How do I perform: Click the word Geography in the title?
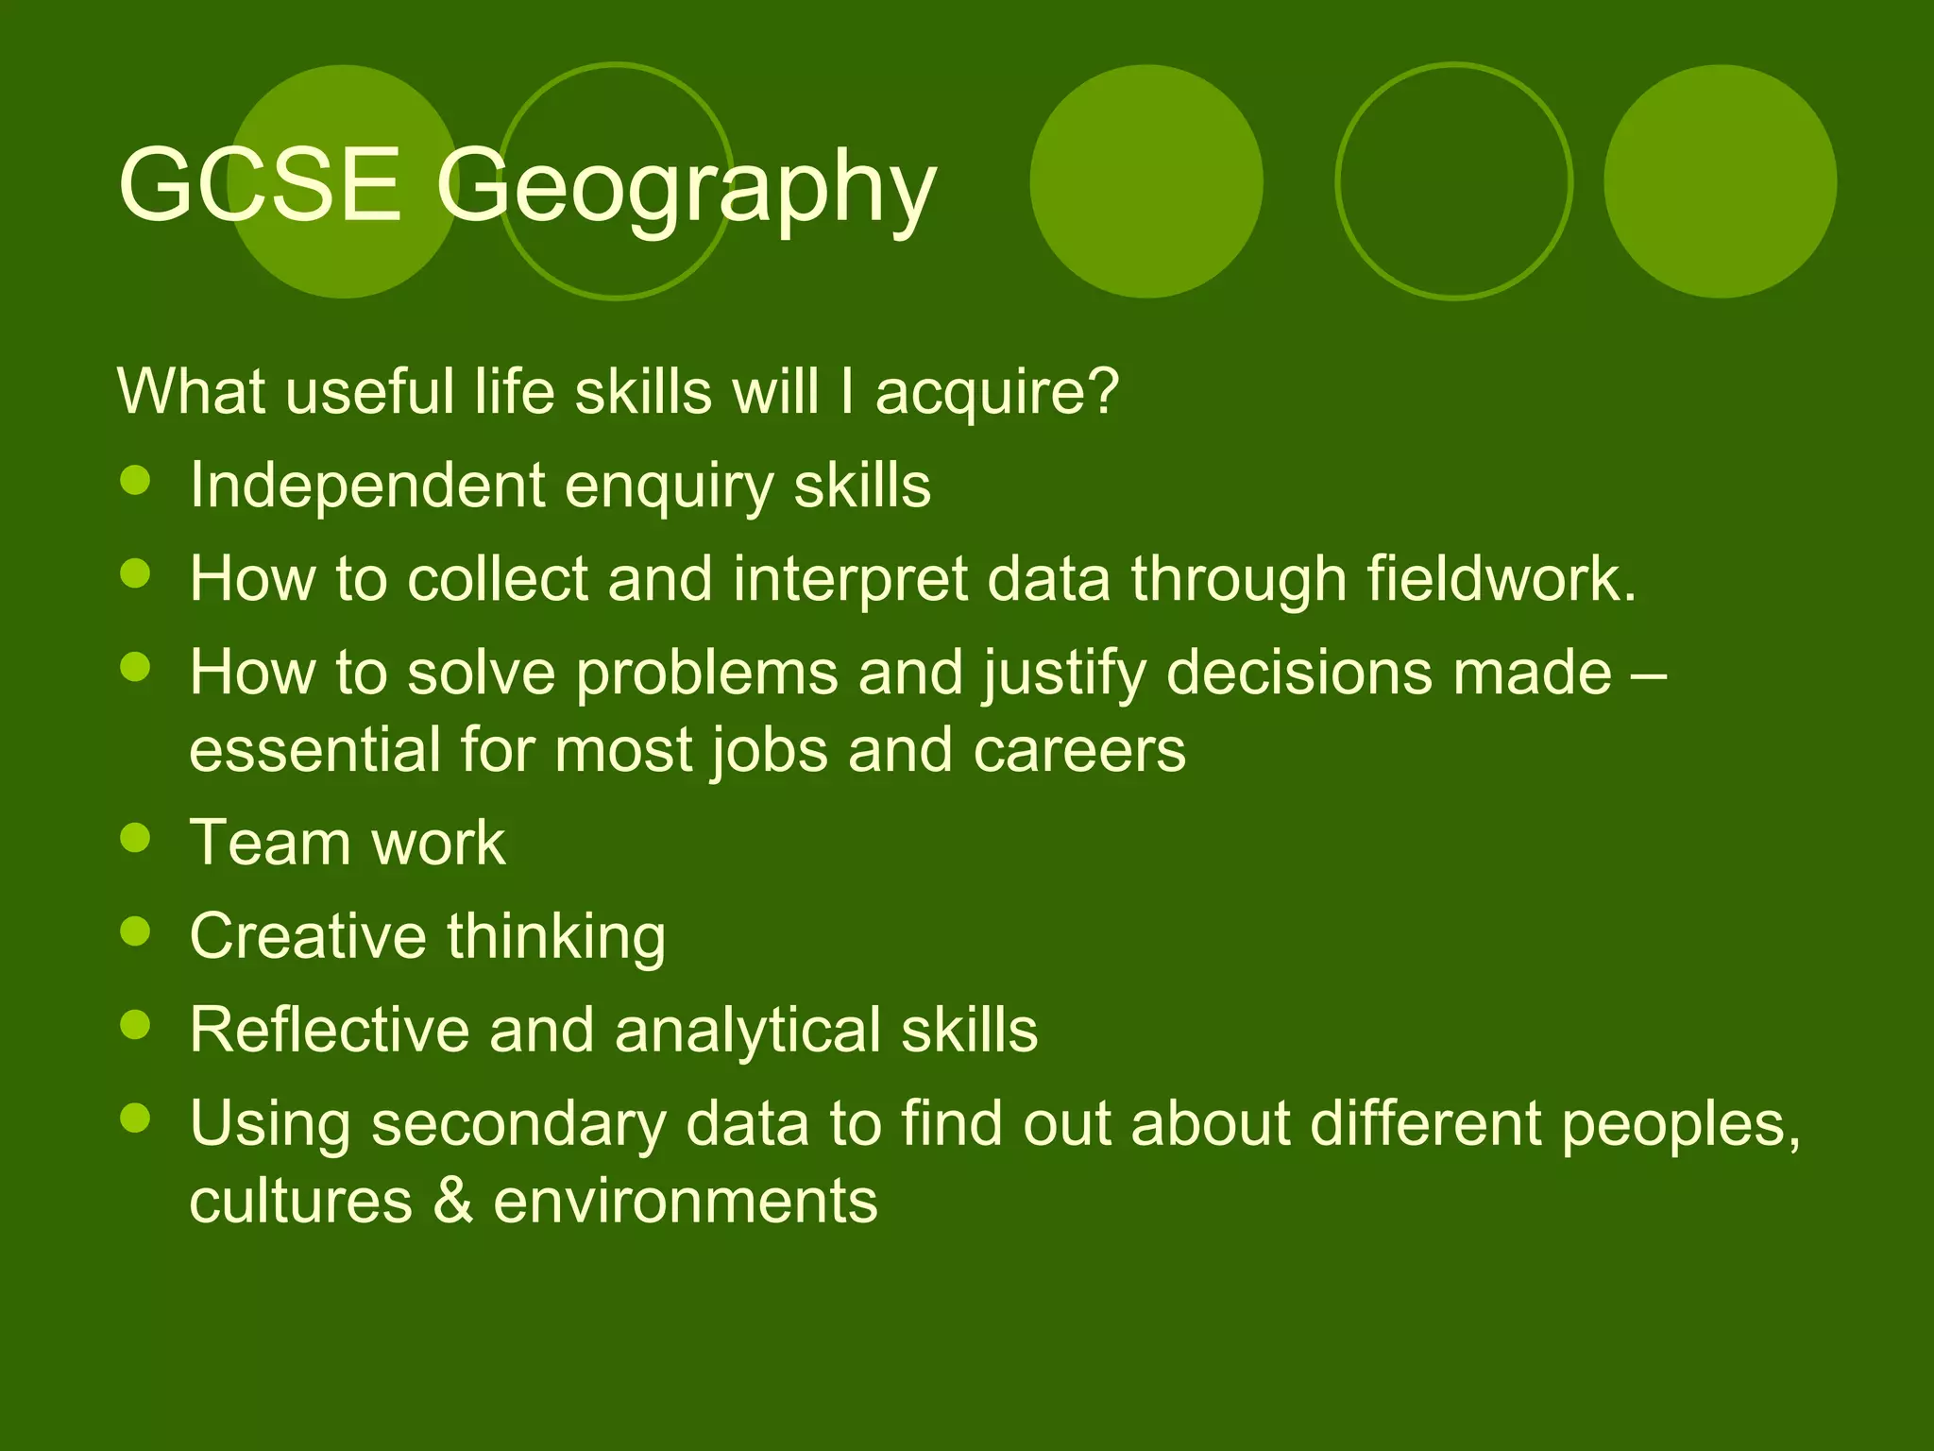pos(686,189)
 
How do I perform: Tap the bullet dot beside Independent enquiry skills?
pos(136,480)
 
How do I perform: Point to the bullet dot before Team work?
pos(136,838)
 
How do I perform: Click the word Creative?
pos(308,935)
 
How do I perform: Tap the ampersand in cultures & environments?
pos(453,1201)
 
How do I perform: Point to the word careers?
pos(1078,749)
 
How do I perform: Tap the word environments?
pos(686,1201)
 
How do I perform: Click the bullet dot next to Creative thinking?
pos(136,931)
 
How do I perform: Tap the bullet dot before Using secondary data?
pos(136,1118)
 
